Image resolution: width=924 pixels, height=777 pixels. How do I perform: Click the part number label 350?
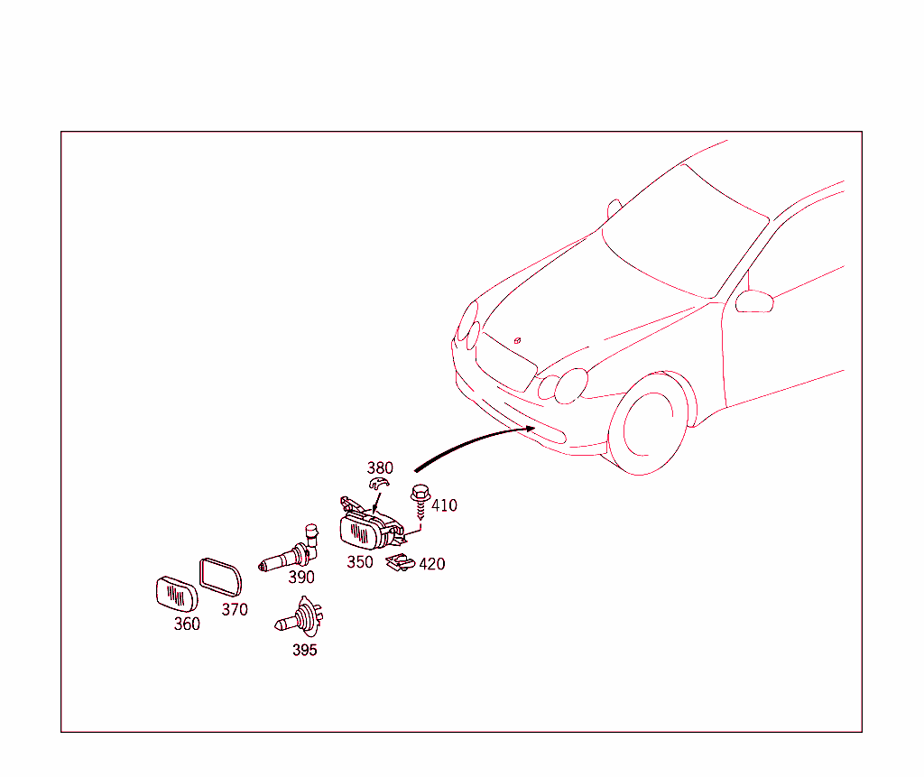point(359,562)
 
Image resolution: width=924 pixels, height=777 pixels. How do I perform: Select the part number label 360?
point(187,624)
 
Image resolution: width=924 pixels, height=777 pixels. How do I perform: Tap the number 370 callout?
point(235,609)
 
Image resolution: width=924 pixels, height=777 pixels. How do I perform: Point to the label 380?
point(380,468)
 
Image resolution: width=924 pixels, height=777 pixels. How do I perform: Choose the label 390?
point(301,578)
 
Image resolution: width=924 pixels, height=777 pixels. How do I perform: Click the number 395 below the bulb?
point(305,651)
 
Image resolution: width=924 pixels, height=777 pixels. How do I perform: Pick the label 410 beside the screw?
point(444,505)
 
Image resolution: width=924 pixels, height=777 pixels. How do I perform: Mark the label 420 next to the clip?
point(432,564)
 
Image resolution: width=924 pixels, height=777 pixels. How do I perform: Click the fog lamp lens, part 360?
point(177,594)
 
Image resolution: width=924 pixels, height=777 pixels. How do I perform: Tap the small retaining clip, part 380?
point(379,484)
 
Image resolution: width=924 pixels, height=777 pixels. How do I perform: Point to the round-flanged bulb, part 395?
point(300,618)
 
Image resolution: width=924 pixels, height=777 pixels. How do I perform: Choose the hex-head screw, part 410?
point(420,500)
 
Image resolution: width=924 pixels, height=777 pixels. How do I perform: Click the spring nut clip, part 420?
point(400,562)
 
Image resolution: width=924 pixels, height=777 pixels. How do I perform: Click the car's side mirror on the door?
point(754,301)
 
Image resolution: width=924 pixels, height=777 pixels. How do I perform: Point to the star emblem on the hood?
point(517,340)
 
